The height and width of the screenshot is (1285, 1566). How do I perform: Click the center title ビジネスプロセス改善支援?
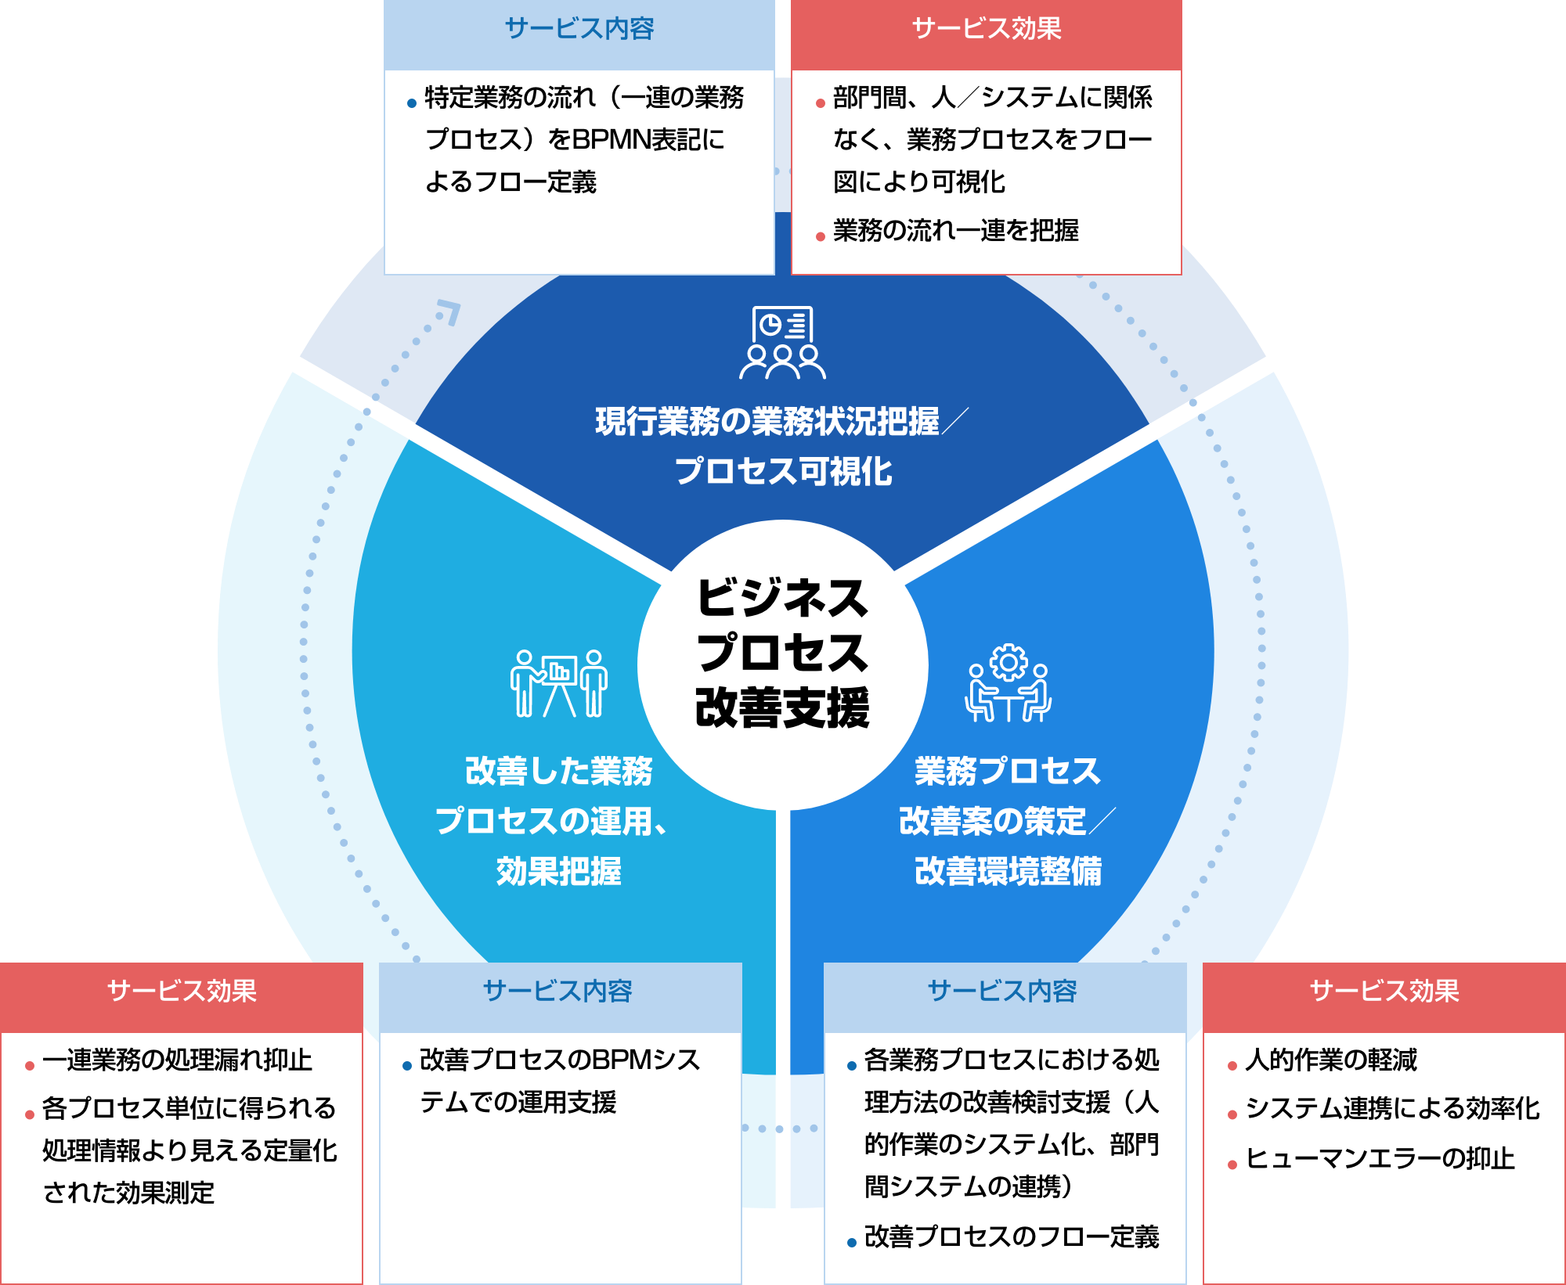point(782,653)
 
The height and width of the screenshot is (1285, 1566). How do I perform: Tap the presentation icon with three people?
point(782,343)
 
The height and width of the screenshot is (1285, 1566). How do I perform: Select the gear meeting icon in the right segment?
point(1008,683)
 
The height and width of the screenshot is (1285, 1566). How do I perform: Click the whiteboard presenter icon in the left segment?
point(558,683)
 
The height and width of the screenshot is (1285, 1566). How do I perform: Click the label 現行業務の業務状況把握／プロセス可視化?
point(782,446)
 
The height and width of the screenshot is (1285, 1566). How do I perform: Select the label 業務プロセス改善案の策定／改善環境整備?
point(1008,821)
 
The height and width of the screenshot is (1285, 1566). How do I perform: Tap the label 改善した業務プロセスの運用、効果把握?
point(558,821)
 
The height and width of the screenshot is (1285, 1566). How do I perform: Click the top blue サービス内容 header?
point(579,29)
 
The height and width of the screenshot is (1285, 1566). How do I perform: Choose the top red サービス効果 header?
point(987,29)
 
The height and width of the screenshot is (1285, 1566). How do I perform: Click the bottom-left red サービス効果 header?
point(182,992)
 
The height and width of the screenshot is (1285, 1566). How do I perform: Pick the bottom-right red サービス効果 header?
point(1384,992)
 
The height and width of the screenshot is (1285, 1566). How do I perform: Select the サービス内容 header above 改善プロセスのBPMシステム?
point(557,992)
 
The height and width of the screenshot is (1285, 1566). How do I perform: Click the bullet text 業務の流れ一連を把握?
point(955,231)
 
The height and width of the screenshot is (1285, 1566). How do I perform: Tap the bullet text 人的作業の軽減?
point(1331,1060)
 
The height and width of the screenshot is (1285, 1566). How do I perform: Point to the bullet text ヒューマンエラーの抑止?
point(1380,1159)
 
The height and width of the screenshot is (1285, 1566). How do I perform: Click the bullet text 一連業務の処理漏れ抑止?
point(178,1060)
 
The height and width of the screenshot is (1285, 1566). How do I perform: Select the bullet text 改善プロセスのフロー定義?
point(1012,1237)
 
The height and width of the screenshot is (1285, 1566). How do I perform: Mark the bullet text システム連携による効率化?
point(1392,1109)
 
